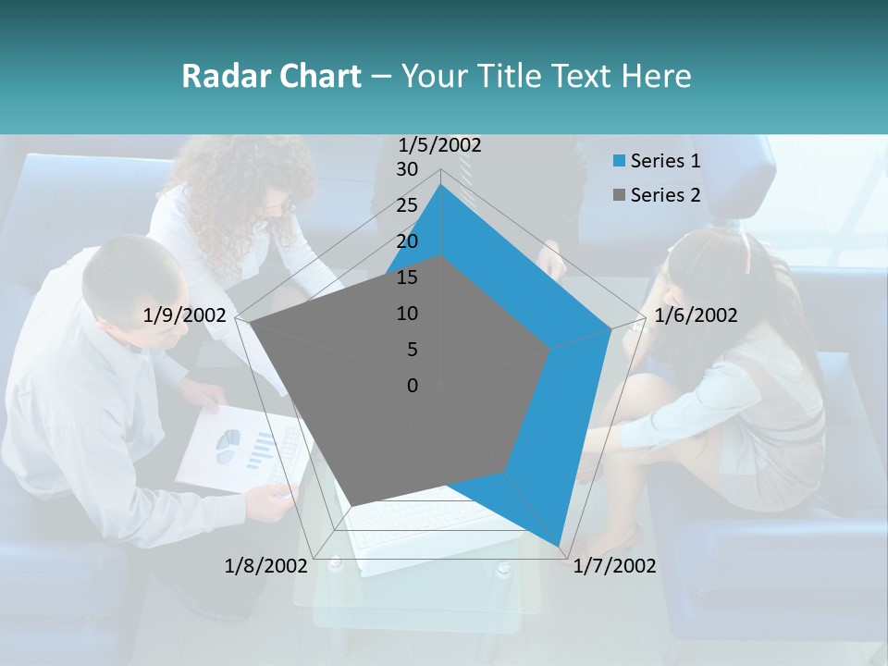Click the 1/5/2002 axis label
(x=440, y=144)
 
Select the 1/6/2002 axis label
(x=696, y=315)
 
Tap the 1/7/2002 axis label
(x=614, y=565)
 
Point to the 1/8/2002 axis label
(x=266, y=565)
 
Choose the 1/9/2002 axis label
(x=185, y=315)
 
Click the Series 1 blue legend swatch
(x=619, y=162)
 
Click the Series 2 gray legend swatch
(x=619, y=195)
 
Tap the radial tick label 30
(x=406, y=169)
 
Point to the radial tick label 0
(x=413, y=386)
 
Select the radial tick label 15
(x=406, y=277)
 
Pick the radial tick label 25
(x=406, y=205)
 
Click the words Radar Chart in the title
(x=271, y=76)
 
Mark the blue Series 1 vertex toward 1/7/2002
(x=559, y=546)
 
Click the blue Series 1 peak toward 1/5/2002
(x=440, y=184)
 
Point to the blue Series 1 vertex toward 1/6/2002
(x=611, y=327)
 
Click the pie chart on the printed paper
(x=228, y=445)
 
